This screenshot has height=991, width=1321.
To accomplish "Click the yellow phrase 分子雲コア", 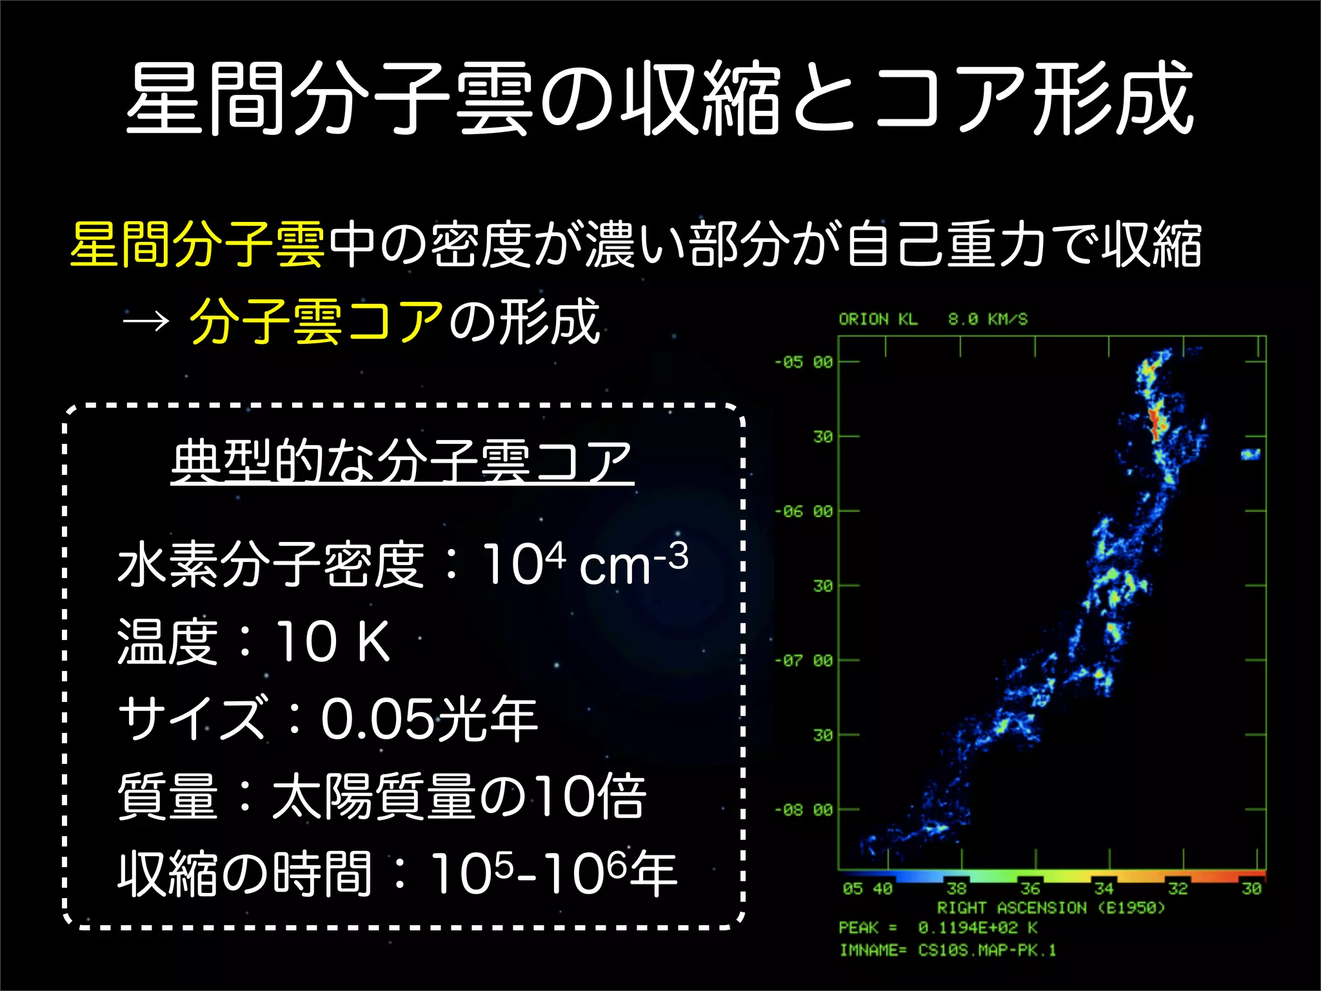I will point(317,321).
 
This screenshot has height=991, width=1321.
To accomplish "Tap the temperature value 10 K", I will point(333,641).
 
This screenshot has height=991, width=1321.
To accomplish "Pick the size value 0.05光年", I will point(429,718).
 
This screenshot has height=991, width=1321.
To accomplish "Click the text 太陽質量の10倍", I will point(459,796).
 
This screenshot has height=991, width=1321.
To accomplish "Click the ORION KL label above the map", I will point(878,319).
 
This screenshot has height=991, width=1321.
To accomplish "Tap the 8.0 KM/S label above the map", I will point(988,319).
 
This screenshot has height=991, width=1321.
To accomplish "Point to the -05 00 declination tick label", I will point(804,362).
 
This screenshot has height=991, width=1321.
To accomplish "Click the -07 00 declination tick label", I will point(804,661).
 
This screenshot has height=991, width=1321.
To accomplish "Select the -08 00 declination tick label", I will point(804,810).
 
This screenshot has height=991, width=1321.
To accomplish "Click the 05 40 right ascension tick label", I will point(868,889).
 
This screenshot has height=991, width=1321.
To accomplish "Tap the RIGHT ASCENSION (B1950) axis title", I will point(1051,908).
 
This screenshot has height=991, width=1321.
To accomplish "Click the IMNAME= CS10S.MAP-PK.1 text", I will point(948,950).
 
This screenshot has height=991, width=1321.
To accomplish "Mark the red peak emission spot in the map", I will point(1155,423).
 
